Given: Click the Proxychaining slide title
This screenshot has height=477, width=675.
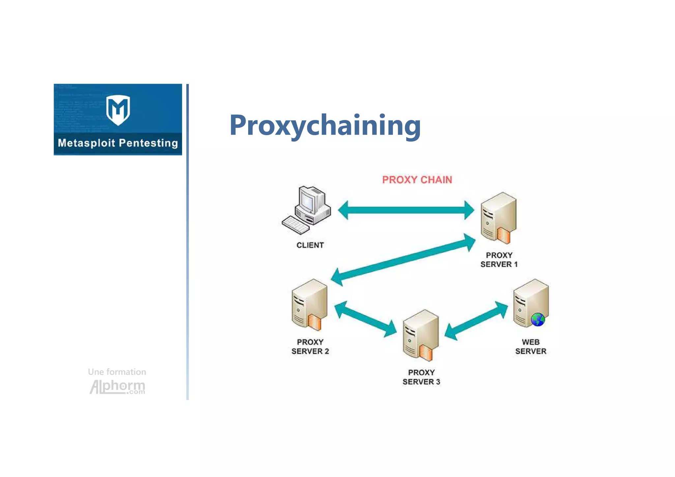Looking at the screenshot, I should click(325, 125).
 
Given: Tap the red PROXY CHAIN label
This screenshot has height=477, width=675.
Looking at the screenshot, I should click(417, 180).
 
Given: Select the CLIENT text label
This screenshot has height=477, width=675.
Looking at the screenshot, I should click(310, 245).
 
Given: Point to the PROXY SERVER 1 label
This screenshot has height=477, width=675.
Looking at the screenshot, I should click(499, 260).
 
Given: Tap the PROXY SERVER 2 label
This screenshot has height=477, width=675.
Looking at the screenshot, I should click(310, 347).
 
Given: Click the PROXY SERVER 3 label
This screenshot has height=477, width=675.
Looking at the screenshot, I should click(421, 377).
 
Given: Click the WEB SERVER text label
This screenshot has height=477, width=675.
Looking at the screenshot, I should click(531, 347).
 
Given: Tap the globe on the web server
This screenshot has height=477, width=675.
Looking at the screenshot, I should click(538, 319).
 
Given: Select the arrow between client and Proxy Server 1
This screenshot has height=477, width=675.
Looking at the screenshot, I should click(406, 210).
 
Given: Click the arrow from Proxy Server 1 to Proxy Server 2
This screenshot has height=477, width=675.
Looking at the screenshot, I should click(403, 260).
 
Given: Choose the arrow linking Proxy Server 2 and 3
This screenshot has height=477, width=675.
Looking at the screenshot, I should click(366, 319).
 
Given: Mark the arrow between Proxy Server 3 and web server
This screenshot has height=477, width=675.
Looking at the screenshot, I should click(476, 321).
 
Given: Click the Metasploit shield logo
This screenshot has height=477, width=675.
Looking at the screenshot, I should click(118, 110).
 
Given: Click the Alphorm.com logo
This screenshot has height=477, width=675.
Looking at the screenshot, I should click(117, 386).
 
